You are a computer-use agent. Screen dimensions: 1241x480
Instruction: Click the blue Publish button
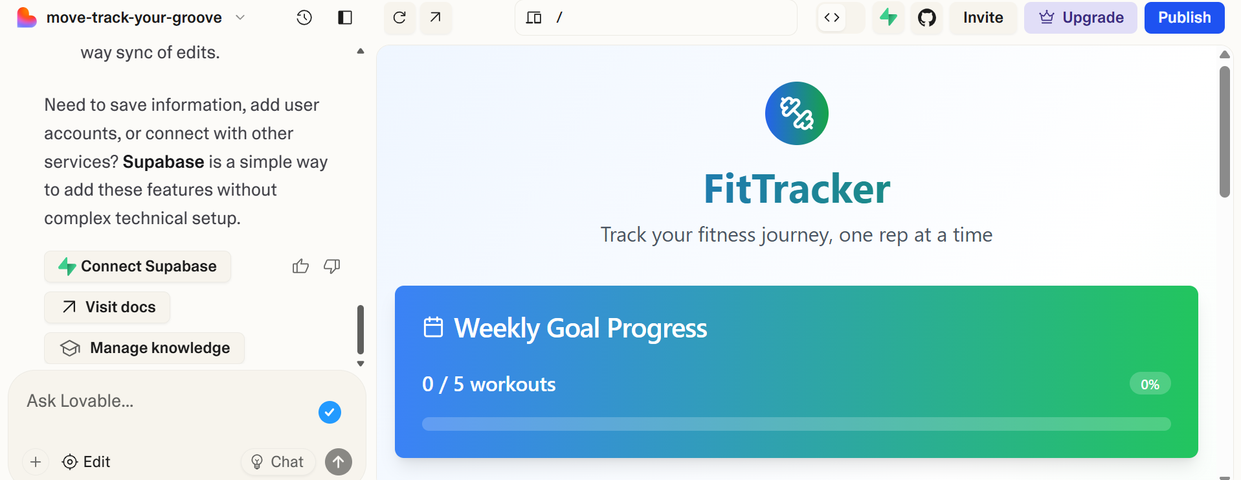pyautogui.click(x=1184, y=17)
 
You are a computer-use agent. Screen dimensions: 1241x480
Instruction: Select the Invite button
pyautogui.click(x=983, y=17)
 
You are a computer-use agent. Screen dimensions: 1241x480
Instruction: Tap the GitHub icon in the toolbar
pyautogui.click(x=926, y=17)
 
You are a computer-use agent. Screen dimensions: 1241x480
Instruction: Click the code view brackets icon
pyautogui.click(x=832, y=17)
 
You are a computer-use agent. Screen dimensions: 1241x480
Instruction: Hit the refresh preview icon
pyautogui.click(x=399, y=17)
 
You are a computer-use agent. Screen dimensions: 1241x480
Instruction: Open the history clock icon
pyautogui.click(x=304, y=17)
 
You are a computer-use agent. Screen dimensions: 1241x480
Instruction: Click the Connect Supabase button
pyautogui.click(x=137, y=266)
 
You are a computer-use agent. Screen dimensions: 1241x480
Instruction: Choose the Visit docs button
pyautogui.click(x=107, y=307)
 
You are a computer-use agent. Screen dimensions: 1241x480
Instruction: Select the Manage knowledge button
pyautogui.click(x=144, y=348)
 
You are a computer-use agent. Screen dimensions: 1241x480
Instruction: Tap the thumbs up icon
pyautogui.click(x=300, y=266)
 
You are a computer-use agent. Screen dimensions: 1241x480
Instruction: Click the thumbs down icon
pyautogui.click(x=332, y=266)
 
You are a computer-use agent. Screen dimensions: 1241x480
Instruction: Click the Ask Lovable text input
pyautogui.click(x=162, y=402)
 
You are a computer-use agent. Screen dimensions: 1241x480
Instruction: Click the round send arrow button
pyautogui.click(x=339, y=462)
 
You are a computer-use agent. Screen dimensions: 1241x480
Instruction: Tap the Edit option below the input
pyautogui.click(x=86, y=462)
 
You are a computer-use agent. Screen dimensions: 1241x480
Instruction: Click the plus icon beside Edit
pyautogui.click(x=36, y=462)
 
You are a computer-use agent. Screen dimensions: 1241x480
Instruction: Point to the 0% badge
pyautogui.click(x=1150, y=384)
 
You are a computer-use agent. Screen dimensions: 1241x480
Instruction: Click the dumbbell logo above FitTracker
pyautogui.click(x=796, y=113)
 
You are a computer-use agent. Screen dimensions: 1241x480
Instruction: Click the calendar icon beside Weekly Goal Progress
pyautogui.click(x=433, y=327)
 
